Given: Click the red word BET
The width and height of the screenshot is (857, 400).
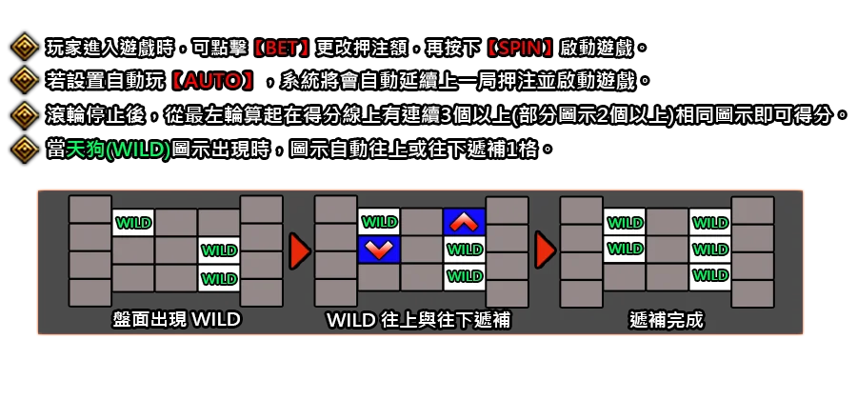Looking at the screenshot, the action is [281, 48].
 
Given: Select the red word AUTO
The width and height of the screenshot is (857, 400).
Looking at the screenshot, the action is [211, 81].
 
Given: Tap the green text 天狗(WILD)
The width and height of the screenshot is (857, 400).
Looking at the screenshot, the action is [118, 149].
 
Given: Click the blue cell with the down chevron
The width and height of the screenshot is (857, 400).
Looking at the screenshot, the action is [379, 250].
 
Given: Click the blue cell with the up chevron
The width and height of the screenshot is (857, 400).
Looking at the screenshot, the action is [465, 222].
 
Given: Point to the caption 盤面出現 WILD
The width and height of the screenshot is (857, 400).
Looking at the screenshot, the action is [176, 319].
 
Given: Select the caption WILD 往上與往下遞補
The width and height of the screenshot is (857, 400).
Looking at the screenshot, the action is [419, 320].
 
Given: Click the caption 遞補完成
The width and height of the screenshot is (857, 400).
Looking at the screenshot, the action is [667, 320].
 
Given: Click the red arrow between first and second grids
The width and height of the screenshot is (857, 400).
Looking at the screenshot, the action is [300, 250].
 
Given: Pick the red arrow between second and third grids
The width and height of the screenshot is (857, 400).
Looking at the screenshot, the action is [546, 250].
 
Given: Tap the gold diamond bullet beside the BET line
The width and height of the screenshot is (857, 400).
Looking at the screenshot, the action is [25, 48].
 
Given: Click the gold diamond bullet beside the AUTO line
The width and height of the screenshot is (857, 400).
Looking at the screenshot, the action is [25, 81].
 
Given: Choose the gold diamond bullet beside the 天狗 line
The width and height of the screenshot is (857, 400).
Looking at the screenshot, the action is [25, 149].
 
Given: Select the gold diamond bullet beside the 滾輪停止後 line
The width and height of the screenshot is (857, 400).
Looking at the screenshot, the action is [25, 114].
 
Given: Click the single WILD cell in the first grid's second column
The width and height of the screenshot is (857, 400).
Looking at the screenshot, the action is [133, 223].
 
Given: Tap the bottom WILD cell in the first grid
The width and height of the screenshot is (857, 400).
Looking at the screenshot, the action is [219, 278].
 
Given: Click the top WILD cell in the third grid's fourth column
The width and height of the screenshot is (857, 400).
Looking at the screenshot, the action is [710, 222].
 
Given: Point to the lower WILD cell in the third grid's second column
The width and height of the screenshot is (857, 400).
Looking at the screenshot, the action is [625, 250].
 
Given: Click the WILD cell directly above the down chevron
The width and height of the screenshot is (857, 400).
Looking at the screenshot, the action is [379, 222].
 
